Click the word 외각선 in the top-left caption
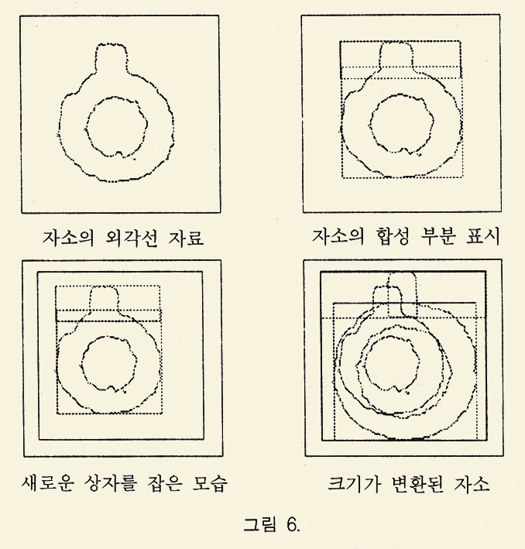pos(131,238)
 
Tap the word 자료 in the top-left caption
pos(186,238)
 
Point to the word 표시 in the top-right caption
pos(482,236)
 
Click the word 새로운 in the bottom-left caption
pos(48,483)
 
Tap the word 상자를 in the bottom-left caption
pos(110,483)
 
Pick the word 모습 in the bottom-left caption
pos(210,483)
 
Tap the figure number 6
pos(293,524)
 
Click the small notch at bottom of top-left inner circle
pos(119,153)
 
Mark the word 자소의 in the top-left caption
pos(68,238)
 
